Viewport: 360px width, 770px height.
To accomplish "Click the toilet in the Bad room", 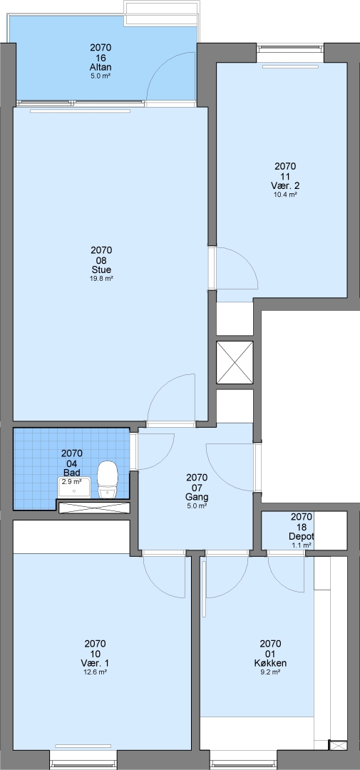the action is (x=108, y=480).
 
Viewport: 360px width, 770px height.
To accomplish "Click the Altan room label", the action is (x=101, y=67).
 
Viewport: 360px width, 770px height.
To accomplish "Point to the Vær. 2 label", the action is (x=285, y=185).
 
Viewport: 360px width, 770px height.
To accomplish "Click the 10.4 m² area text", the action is (x=285, y=195).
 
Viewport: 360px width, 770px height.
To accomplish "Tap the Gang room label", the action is (x=197, y=496).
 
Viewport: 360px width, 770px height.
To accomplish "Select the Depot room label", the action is (x=301, y=536).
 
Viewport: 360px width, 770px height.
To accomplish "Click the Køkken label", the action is (x=270, y=663).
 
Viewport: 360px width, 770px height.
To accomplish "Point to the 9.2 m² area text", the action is (x=270, y=672).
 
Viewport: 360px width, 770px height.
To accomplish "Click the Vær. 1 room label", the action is (x=96, y=663).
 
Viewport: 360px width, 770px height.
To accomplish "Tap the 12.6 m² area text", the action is (x=96, y=672).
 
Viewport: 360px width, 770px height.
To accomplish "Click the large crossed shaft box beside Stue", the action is (x=235, y=362).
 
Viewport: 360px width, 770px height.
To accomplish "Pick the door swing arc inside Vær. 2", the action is (x=244, y=260).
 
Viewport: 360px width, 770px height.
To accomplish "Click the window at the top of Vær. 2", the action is (x=290, y=48).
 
